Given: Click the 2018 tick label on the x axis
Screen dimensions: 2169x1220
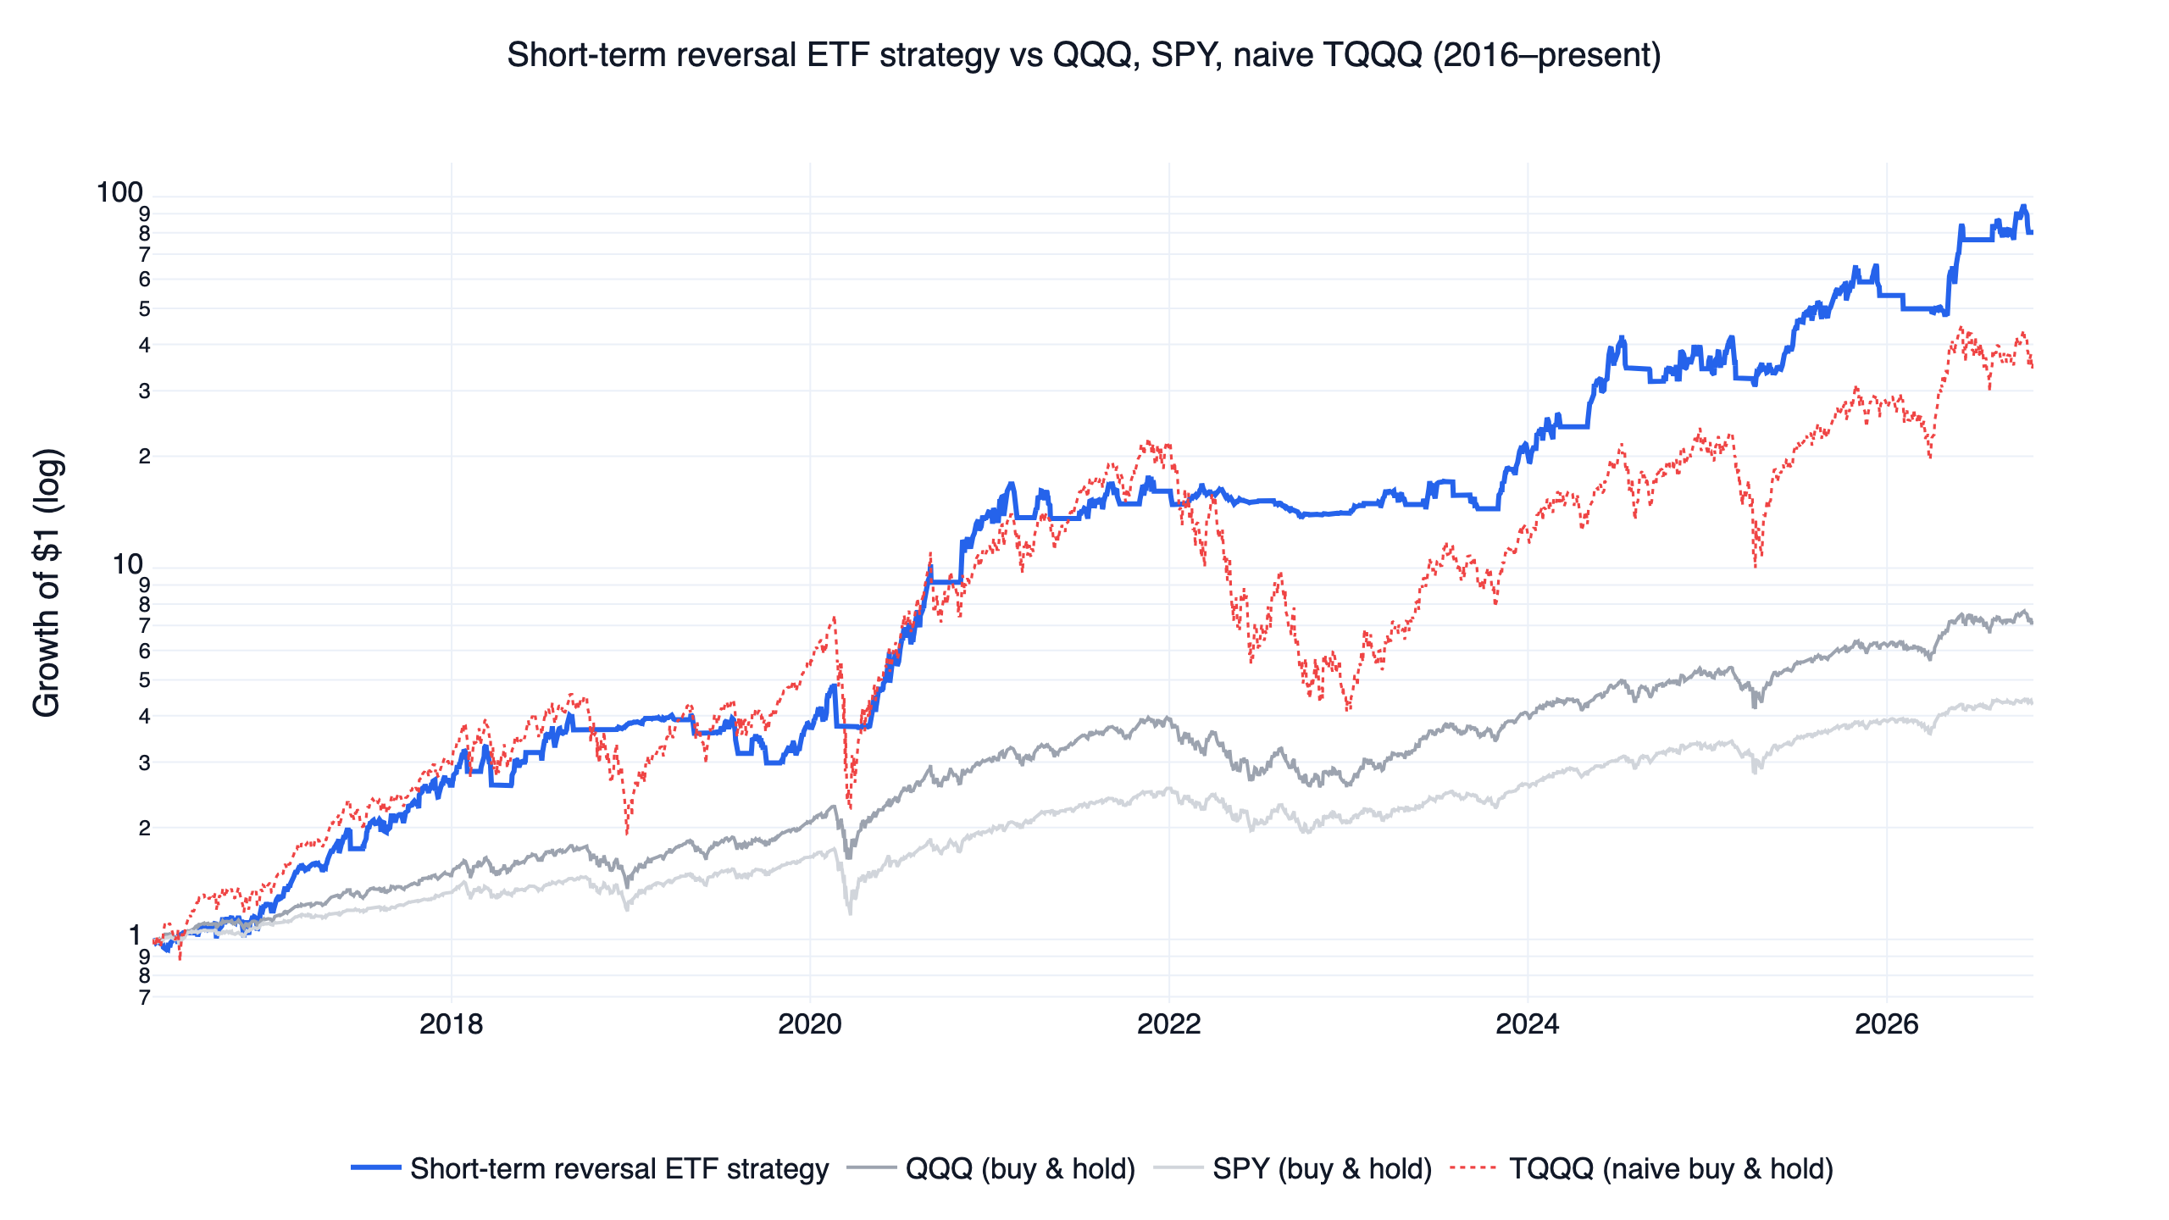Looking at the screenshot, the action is (451, 1024).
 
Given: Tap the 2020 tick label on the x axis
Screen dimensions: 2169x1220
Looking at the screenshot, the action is (810, 1024).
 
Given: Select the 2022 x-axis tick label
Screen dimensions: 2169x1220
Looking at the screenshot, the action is (1169, 1024).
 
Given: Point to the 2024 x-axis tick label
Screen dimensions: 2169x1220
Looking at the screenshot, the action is (1528, 1024).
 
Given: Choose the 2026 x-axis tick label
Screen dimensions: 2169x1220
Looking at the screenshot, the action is (1887, 1024).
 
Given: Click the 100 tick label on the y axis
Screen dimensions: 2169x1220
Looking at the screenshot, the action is (119, 193).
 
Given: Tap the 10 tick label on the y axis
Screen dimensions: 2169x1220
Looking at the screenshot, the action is (128, 564).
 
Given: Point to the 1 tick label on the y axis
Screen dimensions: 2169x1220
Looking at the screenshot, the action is (135, 935).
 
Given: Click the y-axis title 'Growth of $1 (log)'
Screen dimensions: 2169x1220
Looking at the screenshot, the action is (47, 583).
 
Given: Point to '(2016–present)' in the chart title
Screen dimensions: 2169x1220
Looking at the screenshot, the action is (1547, 55).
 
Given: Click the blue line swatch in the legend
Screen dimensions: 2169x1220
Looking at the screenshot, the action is (376, 1168).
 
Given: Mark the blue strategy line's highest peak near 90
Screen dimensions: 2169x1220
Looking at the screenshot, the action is (2022, 207).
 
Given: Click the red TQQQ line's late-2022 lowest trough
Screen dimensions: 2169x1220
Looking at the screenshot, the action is (1348, 709).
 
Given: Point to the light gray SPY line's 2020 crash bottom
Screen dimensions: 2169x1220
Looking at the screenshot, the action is (850, 913).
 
